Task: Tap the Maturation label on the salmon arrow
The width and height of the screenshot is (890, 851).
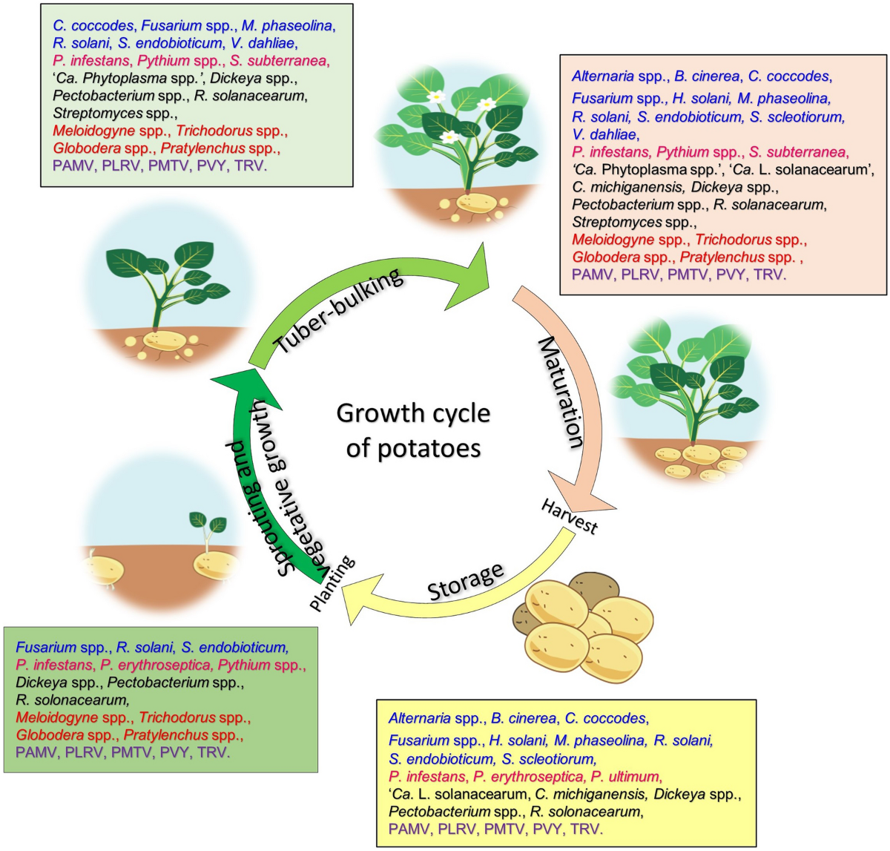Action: [x=561, y=392]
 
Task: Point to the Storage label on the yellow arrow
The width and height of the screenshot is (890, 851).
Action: [x=466, y=581]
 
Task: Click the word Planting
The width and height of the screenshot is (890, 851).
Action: [x=332, y=585]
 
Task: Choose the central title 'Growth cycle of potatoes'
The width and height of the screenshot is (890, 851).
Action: [x=413, y=430]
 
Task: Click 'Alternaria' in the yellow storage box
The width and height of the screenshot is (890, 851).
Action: [x=419, y=718]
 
